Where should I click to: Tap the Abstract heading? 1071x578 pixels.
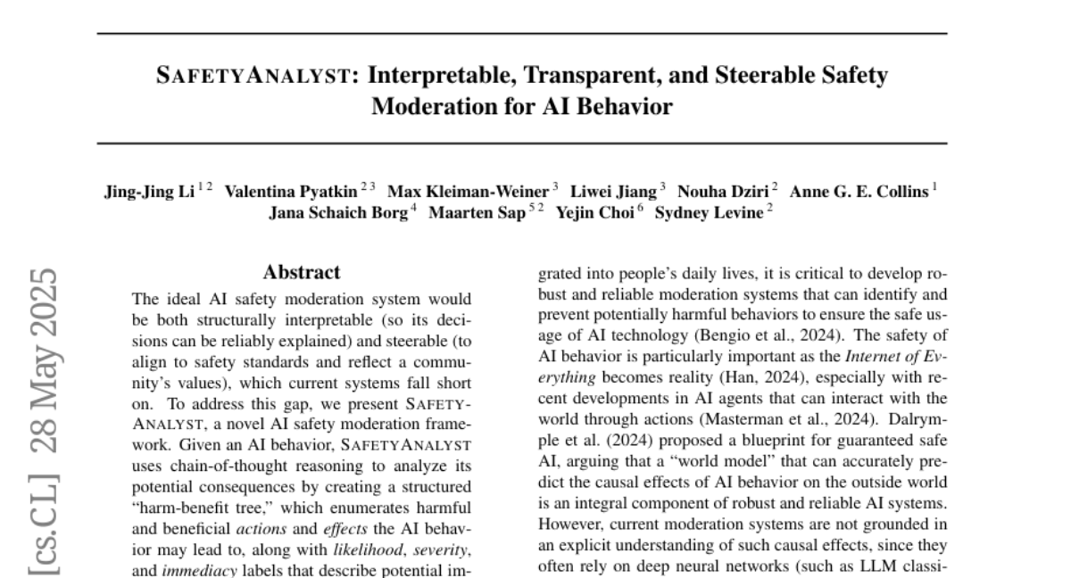pos(302,272)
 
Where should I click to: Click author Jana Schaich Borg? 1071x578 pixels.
pos(338,214)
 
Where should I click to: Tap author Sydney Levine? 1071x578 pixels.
pos(709,214)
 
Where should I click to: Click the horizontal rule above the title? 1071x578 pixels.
pos(522,34)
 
